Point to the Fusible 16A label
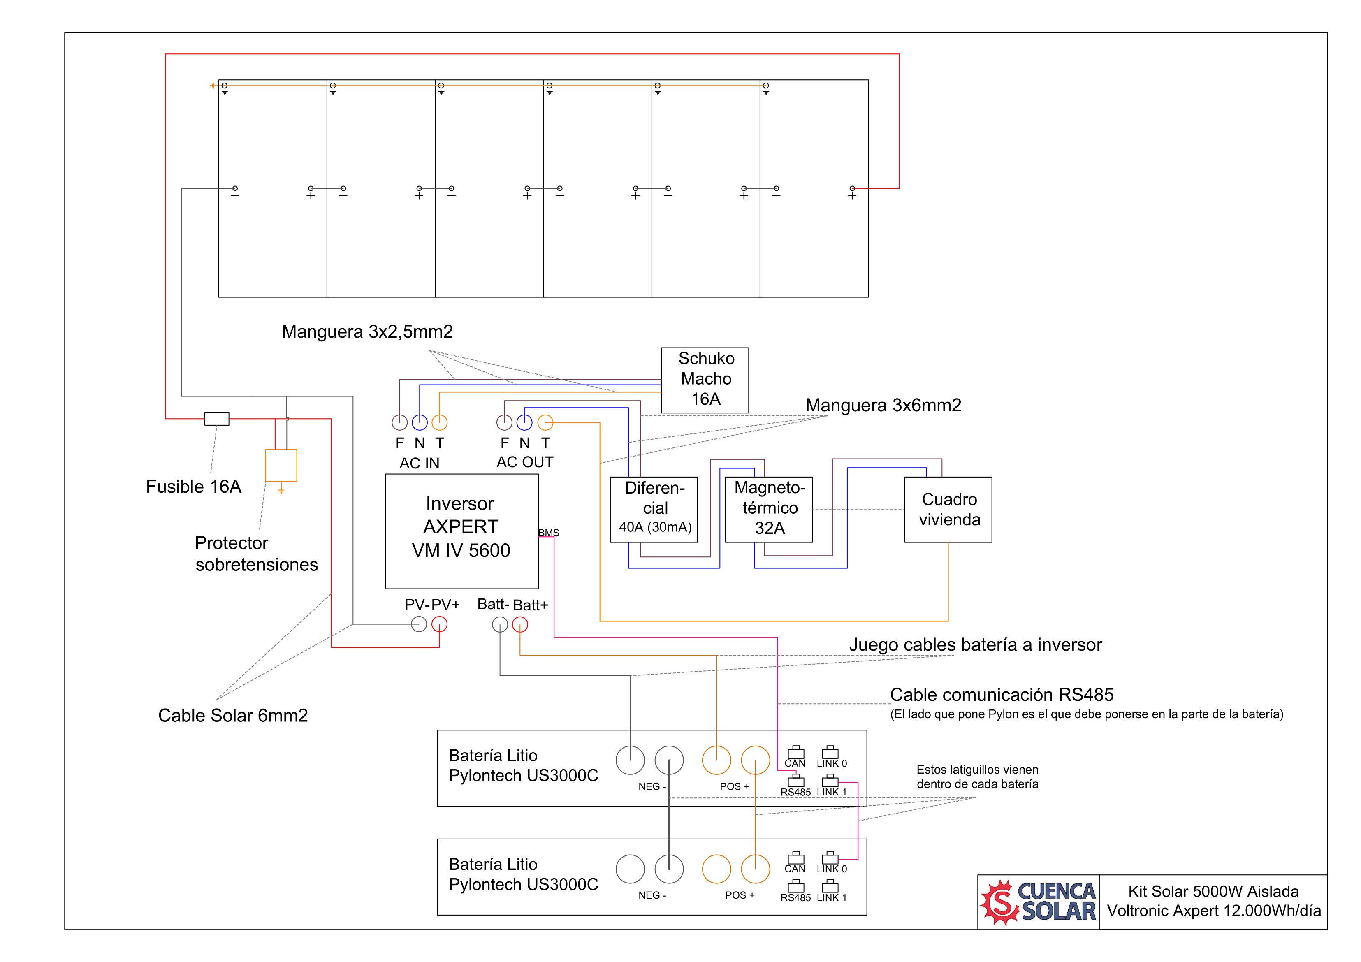[x=194, y=487]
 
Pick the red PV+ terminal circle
[x=439, y=624]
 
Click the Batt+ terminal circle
[x=520, y=624]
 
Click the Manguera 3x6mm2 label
[x=883, y=406]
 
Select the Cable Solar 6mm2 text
[x=233, y=715]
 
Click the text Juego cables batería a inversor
[x=975, y=645]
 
